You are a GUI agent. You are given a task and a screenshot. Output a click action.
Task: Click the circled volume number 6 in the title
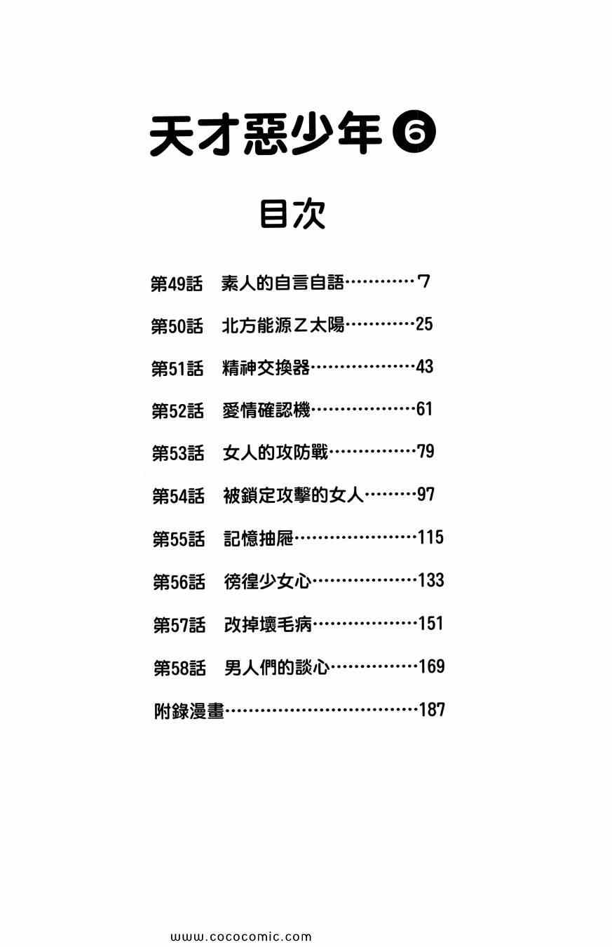pos(415,134)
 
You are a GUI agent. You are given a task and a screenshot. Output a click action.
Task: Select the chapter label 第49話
pos(177,284)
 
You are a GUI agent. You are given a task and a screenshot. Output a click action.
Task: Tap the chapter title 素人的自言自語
pos(283,283)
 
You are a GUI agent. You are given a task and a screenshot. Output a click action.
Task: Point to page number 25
pos(424,324)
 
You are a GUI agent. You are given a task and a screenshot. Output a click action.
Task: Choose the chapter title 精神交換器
pos(266,368)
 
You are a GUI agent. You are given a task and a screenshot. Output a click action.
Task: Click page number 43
pos(424,367)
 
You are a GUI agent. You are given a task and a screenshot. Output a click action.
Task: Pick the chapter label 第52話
pos(177,411)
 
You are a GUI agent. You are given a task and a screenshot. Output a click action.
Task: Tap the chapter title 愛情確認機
pos(266,410)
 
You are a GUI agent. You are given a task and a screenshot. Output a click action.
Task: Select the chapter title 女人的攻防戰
pos(276,453)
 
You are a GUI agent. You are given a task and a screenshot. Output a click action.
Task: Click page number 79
pos(426,452)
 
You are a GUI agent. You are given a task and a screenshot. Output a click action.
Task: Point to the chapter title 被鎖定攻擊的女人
pos(293,496)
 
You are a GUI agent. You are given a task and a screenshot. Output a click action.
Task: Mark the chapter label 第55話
pos(179,539)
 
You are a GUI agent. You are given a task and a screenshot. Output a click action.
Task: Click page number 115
pos(430,538)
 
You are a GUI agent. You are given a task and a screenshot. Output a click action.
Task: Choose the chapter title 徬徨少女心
pos(267,582)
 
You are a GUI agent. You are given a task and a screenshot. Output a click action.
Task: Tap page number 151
pos(430,624)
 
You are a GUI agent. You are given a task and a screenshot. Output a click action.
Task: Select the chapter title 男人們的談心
pos(277,667)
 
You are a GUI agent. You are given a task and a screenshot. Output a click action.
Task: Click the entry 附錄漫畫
pos(189,711)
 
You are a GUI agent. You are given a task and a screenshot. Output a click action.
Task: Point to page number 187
pos(432,710)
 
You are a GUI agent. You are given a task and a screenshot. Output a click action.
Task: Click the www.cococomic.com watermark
pos(240,936)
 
